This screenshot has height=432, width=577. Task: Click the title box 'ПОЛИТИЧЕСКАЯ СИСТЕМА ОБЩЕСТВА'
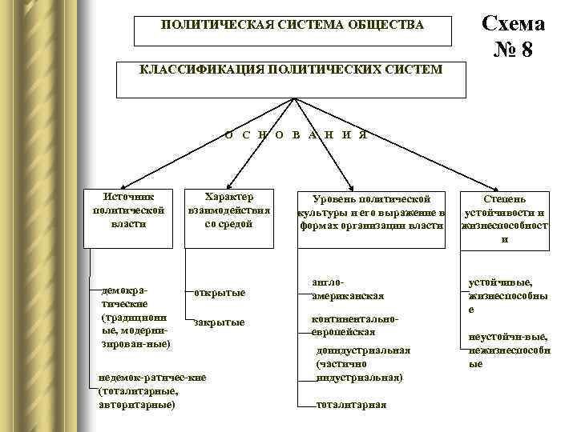tap(293, 26)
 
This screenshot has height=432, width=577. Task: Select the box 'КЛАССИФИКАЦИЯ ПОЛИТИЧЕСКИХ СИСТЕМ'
tap(291, 70)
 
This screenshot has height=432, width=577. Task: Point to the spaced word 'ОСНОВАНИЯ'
tap(296, 134)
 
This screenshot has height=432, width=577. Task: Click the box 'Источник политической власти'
tap(130, 210)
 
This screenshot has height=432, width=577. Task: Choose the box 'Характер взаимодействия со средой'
tap(228, 210)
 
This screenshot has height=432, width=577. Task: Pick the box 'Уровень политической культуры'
tap(370, 212)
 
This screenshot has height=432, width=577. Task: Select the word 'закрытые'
tap(219, 322)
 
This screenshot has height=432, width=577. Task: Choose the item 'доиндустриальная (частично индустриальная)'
tap(362, 363)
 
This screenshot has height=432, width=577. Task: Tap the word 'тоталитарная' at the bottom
tap(351, 405)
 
